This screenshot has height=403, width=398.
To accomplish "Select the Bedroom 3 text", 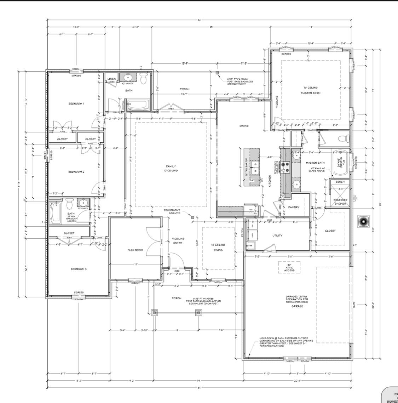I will [79, 269].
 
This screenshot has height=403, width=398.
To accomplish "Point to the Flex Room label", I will [135, 250].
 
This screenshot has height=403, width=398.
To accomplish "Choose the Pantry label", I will [294, 207].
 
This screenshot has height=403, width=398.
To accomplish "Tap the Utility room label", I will [277, 235].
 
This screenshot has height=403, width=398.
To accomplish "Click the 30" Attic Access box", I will [289, 267].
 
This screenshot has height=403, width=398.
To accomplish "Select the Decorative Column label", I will [172, 211].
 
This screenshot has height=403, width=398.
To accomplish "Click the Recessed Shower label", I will [340, 202].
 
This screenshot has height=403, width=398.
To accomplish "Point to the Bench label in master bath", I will [340, 182].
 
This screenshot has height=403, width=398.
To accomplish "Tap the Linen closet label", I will [111, 79].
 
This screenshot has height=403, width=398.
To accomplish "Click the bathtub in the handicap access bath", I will [55, 213].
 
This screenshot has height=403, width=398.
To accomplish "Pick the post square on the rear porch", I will [217, 73].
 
